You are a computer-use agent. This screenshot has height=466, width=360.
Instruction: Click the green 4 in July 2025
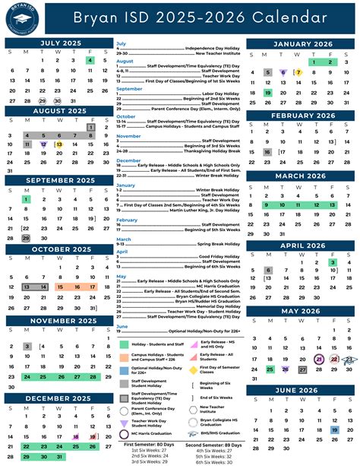coord(91,60)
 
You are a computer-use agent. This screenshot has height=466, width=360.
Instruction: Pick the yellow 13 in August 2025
coord(58,144)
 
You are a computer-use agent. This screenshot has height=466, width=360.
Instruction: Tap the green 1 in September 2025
coord(26,199)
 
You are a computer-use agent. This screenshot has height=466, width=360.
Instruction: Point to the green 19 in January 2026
coord(267,93)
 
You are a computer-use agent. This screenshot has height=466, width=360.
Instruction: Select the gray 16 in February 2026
coord(267,152)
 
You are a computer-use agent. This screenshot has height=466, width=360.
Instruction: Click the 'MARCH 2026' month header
coord(299,176)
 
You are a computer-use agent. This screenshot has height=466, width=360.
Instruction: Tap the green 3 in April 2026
coord(333,262)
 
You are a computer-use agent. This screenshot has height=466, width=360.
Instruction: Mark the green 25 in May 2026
coord(268,347)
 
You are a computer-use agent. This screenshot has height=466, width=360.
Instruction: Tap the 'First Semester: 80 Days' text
coord(150,443)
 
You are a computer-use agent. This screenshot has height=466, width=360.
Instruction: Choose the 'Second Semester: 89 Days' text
coord(215,443)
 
